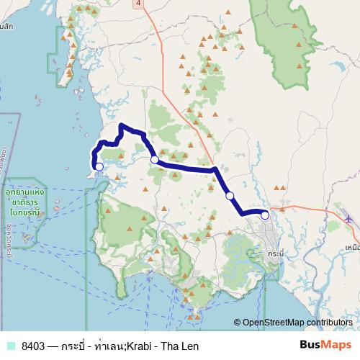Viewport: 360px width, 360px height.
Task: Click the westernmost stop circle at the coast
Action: tap(99, 166)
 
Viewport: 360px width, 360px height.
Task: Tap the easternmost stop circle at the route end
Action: tap(264, 215)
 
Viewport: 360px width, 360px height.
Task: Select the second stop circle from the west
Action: tap(154, 160)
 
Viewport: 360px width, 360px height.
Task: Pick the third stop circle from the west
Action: tap(230, 195)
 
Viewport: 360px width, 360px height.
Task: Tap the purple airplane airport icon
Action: tap(349, 218)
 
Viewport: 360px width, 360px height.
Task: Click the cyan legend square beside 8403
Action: tap(10, 346)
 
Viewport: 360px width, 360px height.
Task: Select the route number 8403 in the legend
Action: tap(35, 346)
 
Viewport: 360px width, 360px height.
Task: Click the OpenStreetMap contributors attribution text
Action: tap(296, 323)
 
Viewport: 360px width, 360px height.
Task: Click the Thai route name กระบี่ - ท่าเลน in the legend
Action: tap(96, 346)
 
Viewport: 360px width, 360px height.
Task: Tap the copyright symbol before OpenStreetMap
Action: tap(237, 323)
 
